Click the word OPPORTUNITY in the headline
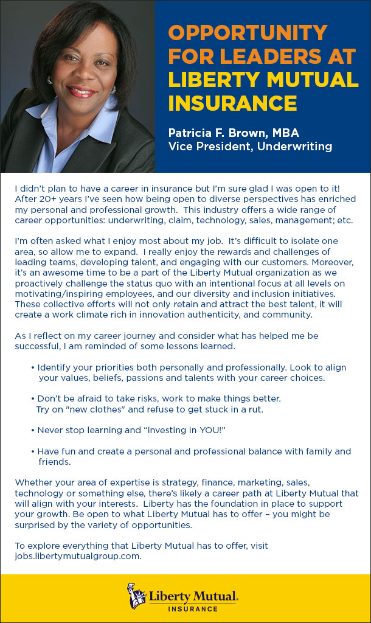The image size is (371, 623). tap(248, 33)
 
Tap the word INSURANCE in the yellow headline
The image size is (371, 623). tap(232, 103)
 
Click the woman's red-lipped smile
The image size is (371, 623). tap(81, 92)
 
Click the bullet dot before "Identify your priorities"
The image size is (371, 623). tap(32, 367)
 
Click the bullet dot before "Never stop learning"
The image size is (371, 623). tap(32, 430)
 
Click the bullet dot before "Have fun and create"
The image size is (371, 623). tap(32, 451)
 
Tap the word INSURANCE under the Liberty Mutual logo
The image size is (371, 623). tap(193, 608)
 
